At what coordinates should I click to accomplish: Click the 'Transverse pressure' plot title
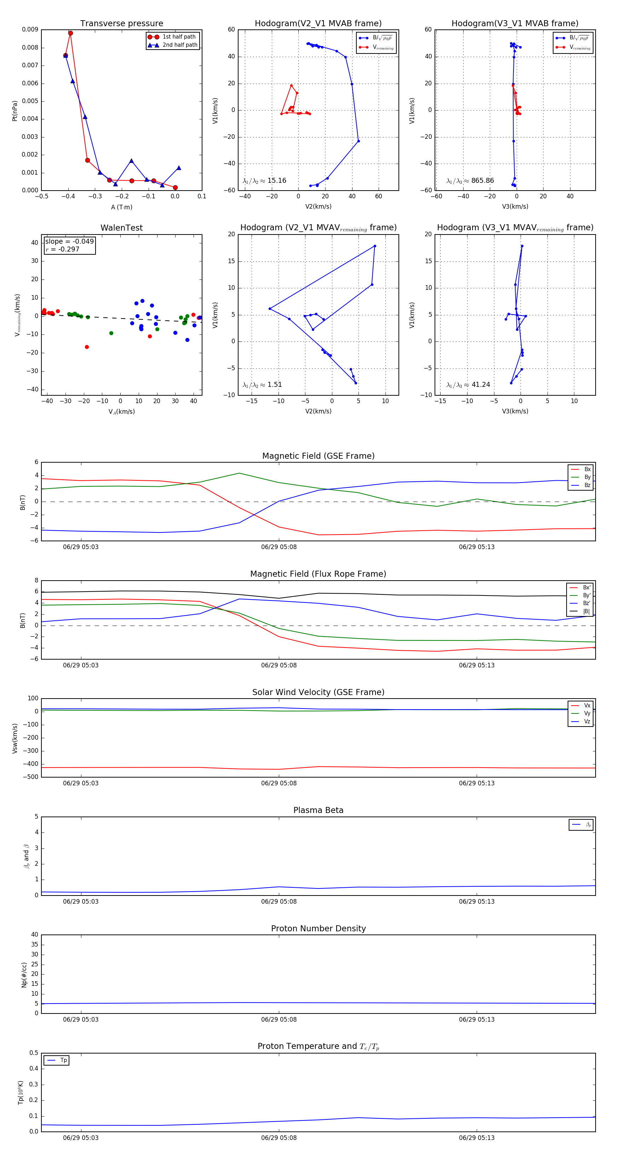pyautogui.click(x=121, y=24)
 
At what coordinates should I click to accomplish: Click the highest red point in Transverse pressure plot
pyautogui.click(x=70, y=33)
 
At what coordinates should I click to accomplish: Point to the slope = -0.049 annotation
pyautogui.click(x=69, y=242)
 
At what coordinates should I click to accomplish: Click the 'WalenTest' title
pyautogui.click(x=121, y=228)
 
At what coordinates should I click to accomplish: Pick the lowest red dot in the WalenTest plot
pyautogui.click(x=87, y=347)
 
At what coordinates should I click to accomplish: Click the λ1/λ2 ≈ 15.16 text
pyautogui.click(x=264, y=181)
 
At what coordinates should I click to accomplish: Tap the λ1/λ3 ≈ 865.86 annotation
pyautogui.click(x=470, y=181)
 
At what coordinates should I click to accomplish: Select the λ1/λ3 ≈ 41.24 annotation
pyautogui.click(x=468, y=385)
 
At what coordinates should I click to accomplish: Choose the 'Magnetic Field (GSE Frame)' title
pyautogui.click(x=318, y=456)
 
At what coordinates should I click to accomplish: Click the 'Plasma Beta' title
pyautogui.click(x=318, y=811)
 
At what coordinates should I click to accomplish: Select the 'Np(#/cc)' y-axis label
pyautogui.click(x=24, y=975)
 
